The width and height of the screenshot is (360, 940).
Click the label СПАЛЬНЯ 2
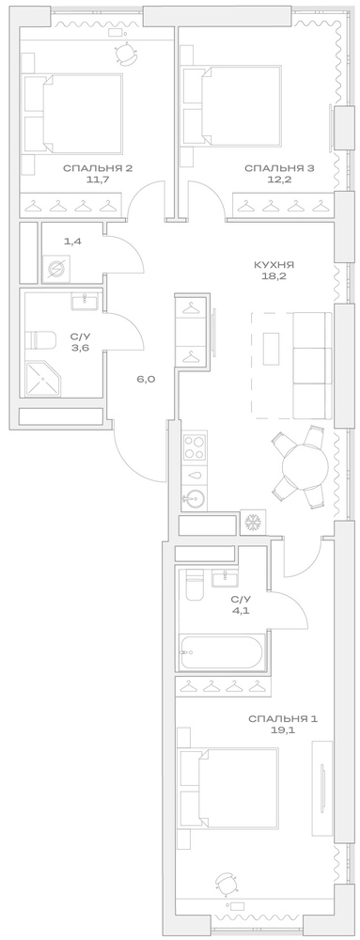tap(97, 168)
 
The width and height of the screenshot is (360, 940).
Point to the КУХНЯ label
tap(274, 265)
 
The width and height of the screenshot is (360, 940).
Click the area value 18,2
tap(274, 279)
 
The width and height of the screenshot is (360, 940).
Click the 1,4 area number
tap(72, 242)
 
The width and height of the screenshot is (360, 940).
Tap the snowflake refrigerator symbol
tap(252, 523)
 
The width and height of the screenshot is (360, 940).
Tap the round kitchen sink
tap(195, 498)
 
